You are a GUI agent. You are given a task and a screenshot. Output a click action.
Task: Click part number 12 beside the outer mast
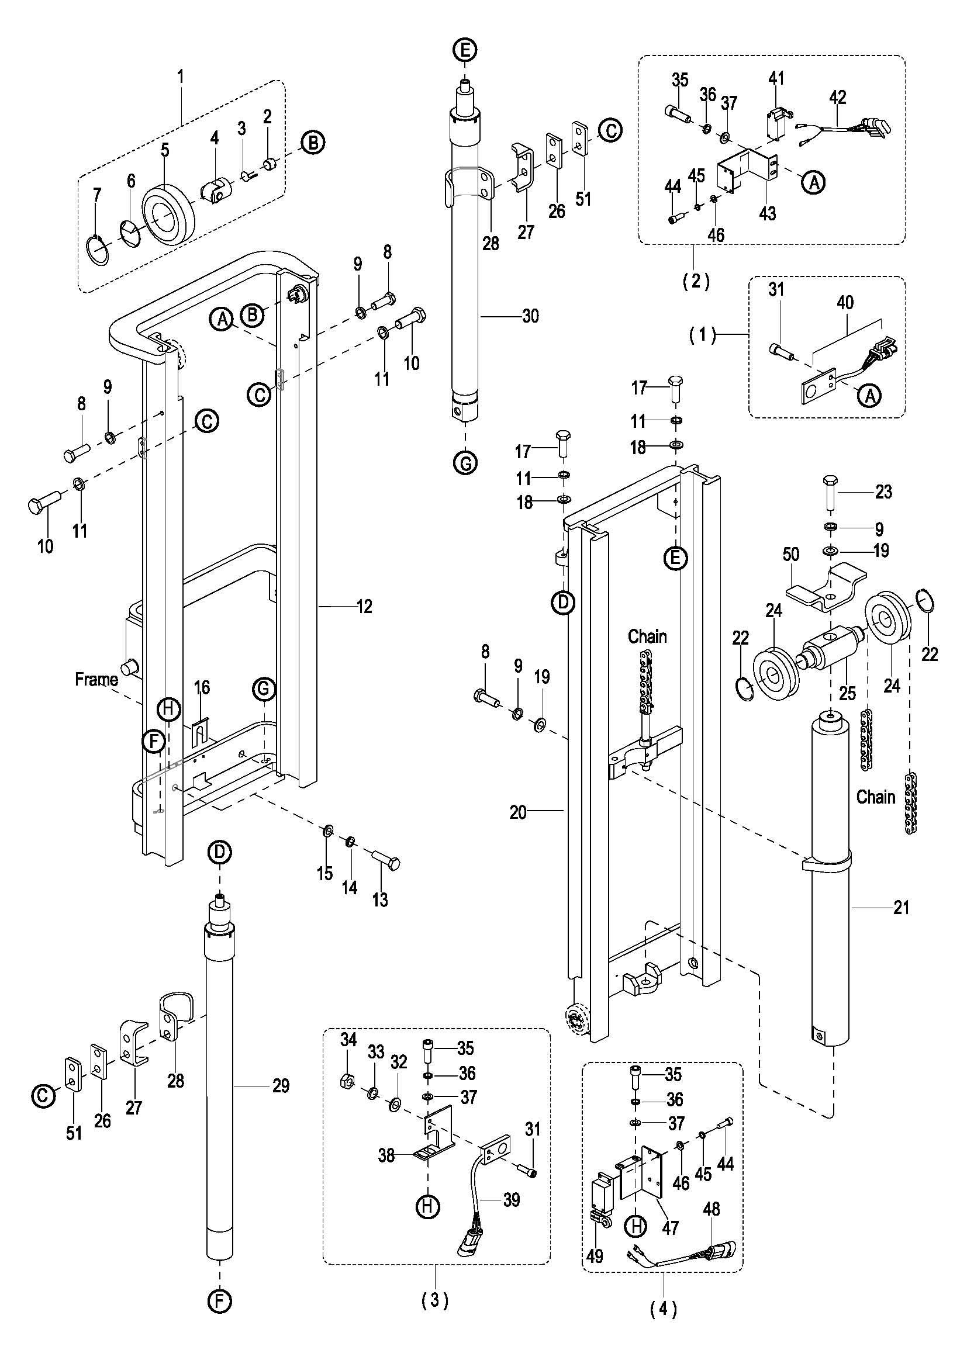coord(364,606)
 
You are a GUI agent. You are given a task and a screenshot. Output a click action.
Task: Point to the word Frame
coord(96,679)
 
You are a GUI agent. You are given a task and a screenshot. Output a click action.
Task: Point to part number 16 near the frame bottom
coord(202,688)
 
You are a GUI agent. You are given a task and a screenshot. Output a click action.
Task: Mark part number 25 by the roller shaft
coord(847,693)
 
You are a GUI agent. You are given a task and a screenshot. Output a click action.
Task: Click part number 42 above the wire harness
coord(838,97)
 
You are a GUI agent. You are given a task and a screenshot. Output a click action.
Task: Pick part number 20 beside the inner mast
coord(517,812)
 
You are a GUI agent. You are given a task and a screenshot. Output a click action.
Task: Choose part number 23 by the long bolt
coord(883,492)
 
